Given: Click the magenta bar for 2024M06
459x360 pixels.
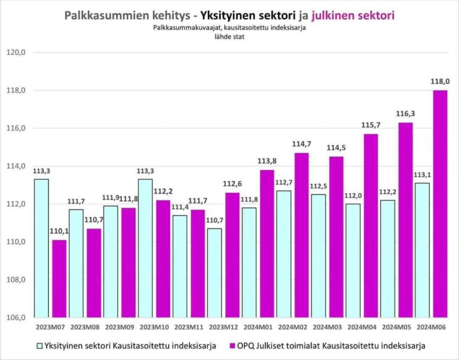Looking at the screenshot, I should coord(439,204).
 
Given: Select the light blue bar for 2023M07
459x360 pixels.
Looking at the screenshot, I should coord(41,248).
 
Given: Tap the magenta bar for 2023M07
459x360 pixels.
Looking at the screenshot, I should coord(59,278).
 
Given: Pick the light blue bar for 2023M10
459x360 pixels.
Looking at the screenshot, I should coord(145,248).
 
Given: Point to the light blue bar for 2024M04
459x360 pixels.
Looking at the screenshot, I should coord(353,260).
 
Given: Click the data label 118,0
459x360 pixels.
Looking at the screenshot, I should coord(439,81).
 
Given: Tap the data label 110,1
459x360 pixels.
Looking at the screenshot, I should coord(59,231).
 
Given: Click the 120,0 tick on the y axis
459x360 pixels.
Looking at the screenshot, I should coord(16,53).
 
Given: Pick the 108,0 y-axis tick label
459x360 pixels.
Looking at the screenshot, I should coord(16,279).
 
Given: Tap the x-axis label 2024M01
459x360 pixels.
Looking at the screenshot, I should coord(258,327).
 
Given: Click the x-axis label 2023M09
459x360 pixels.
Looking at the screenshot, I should coord(120,327).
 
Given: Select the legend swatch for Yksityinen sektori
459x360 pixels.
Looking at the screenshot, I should coord(40,345).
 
